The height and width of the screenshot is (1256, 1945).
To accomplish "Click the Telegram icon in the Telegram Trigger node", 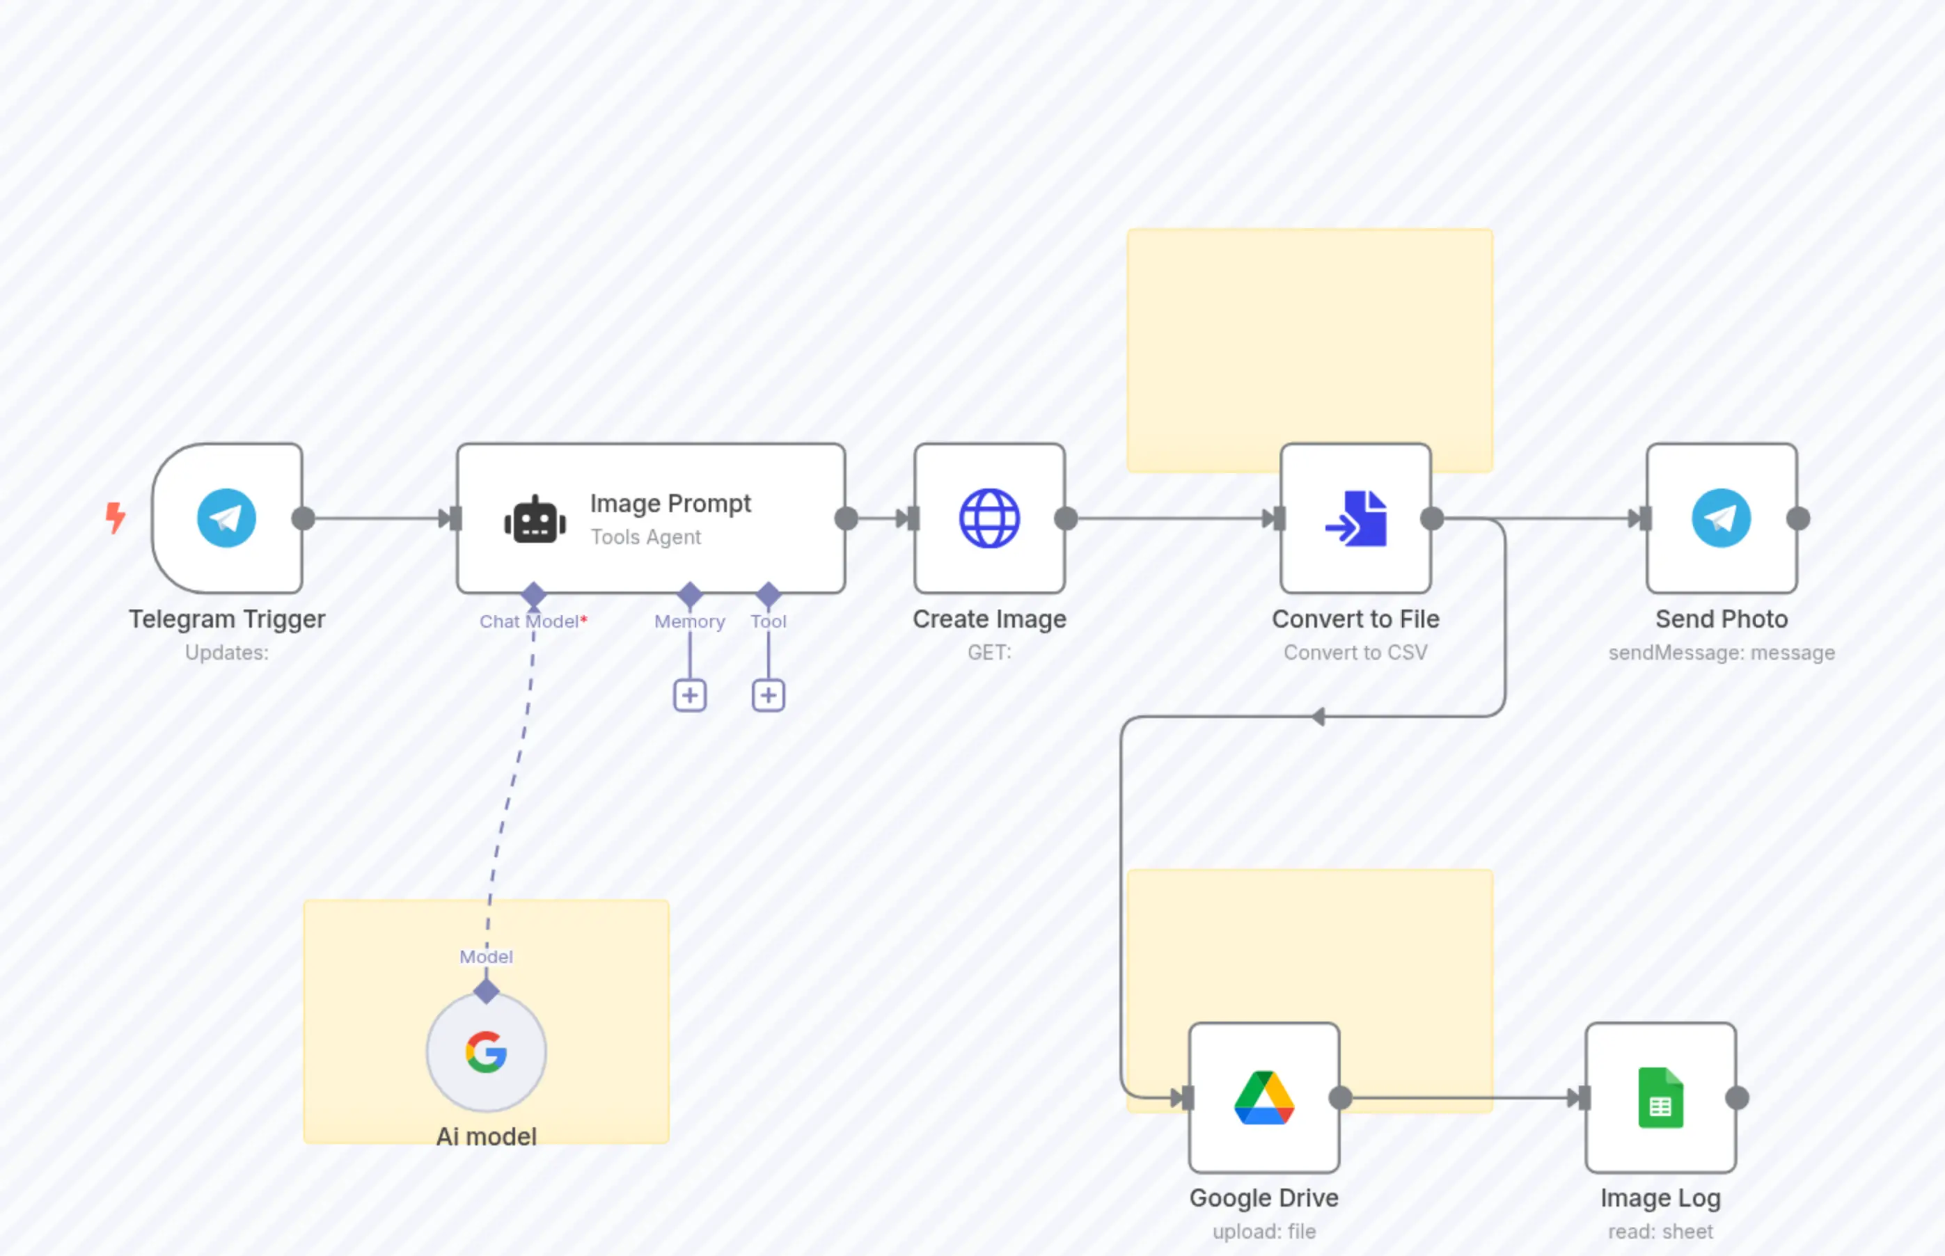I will click(x=226, y=518).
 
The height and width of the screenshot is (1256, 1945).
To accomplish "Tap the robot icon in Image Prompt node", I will click(x=535, y=520).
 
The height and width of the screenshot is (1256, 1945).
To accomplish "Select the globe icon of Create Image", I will click(x=989, y=518).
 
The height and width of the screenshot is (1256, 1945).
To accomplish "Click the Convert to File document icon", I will click(x=1356, y=518).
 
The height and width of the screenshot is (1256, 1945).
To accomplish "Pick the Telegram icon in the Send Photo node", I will click(x=1721, y=518).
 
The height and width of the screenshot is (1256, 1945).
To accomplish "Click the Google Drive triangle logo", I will click(x=1263, y=1098).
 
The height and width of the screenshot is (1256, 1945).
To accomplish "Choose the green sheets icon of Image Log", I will click(x=1660, y=1098).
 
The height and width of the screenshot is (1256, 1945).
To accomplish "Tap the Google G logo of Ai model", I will click(x=486, y=1052).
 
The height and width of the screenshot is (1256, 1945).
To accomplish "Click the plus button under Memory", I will click(x=689, y=696).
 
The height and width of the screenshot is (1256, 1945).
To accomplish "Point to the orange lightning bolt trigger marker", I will click(x=116, y=517).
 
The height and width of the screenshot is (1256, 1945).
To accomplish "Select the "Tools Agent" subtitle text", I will click(x=645, y=537).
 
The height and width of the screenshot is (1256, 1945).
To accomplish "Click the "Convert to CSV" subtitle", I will click(x=1355, y=653).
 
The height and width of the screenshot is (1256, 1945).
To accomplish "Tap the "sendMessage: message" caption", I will click(x=1722, y=653).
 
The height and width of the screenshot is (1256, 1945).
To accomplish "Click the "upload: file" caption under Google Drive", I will click(x=1263, y=1232).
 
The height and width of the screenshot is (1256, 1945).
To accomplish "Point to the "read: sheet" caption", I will click(x=1660, y=1232).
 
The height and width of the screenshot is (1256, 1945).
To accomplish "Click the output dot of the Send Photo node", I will click(x=1798, y=518).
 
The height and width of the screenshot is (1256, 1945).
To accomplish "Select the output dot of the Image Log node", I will click(x=1737, y=1099).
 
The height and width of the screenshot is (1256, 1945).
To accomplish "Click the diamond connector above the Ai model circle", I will click(x=486, y=992).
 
